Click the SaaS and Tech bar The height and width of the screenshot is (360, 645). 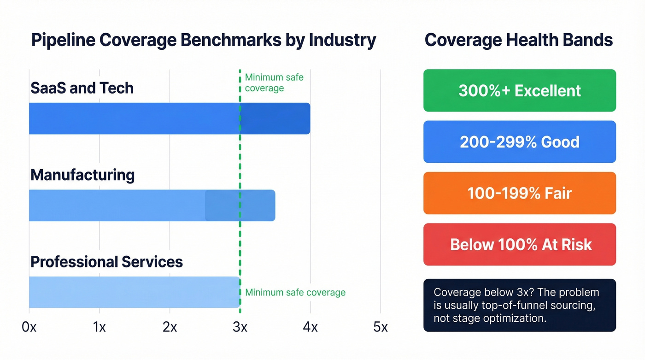169,118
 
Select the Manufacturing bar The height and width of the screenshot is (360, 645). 152,206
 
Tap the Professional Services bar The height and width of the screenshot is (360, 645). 134,292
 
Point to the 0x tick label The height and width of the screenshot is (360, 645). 29,327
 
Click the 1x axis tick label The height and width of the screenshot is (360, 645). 99,327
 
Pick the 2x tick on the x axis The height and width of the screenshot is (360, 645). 170,327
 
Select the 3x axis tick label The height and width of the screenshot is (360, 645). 240,327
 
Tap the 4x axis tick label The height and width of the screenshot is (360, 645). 310,327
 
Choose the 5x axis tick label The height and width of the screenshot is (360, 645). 380,327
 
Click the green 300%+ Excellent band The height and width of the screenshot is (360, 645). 519,90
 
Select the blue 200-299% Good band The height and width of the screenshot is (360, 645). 519,142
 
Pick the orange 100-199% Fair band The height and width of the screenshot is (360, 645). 519,193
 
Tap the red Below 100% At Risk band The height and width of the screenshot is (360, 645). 519,244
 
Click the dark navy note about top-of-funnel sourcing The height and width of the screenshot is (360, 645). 519,305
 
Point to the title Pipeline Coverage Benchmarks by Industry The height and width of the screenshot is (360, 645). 203,41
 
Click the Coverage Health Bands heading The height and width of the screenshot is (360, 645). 519,41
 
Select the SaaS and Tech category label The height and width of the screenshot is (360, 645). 82,88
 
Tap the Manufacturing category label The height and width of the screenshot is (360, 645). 82,175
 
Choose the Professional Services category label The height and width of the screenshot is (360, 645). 106,262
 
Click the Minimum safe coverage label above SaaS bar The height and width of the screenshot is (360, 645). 274,83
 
